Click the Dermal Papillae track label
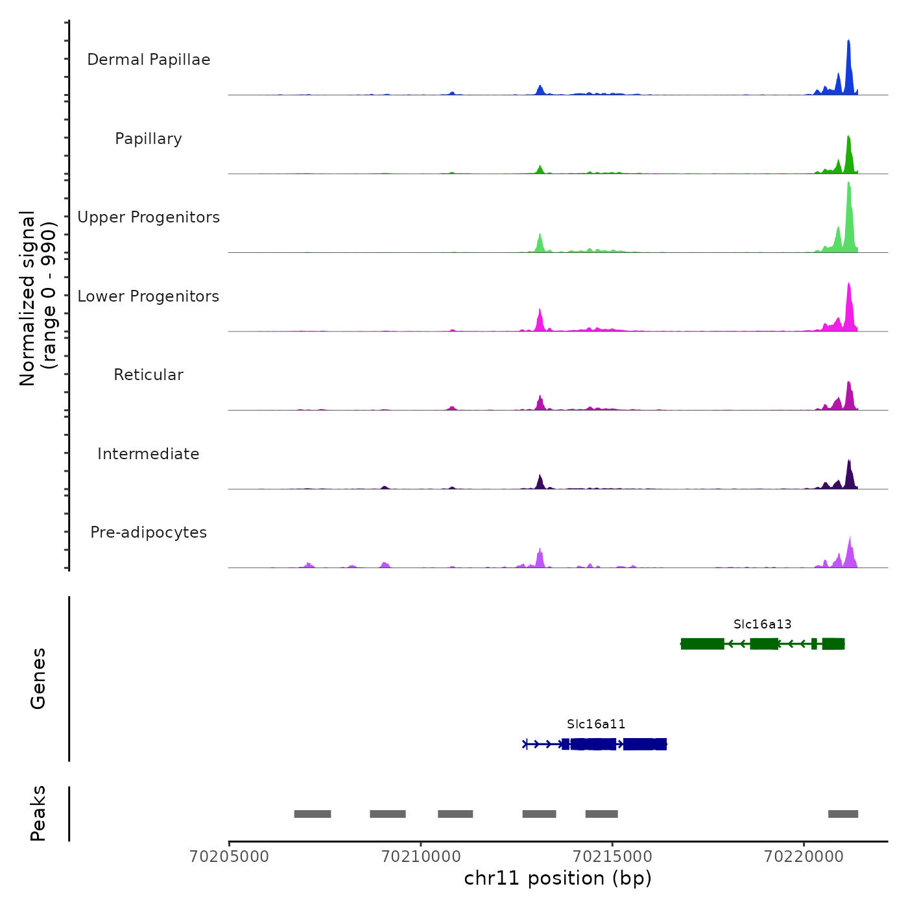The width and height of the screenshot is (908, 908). pos(149,60)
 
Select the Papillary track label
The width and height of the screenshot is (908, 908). pos(149,139)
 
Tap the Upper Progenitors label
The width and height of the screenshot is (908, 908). pos(149,217)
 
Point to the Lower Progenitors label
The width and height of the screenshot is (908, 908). pos(149,296)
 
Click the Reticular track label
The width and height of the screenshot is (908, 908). pos(149,375)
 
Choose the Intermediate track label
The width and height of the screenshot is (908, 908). pos(149,454)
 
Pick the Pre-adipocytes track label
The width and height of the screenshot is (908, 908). pos(149,532)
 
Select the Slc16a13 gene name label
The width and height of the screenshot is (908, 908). pos(763,624)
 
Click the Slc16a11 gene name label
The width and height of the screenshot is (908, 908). pos(596,724)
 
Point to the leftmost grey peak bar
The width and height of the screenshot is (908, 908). pos(313,814)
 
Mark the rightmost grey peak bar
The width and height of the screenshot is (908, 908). pos(843,814)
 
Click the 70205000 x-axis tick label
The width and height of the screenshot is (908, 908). pos(229,857)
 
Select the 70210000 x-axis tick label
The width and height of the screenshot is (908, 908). pos(421,857)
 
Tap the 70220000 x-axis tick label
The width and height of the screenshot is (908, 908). pos(804,857)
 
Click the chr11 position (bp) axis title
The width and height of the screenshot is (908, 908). pos(558,878)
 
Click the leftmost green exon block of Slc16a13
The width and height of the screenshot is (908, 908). pos(702,643)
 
